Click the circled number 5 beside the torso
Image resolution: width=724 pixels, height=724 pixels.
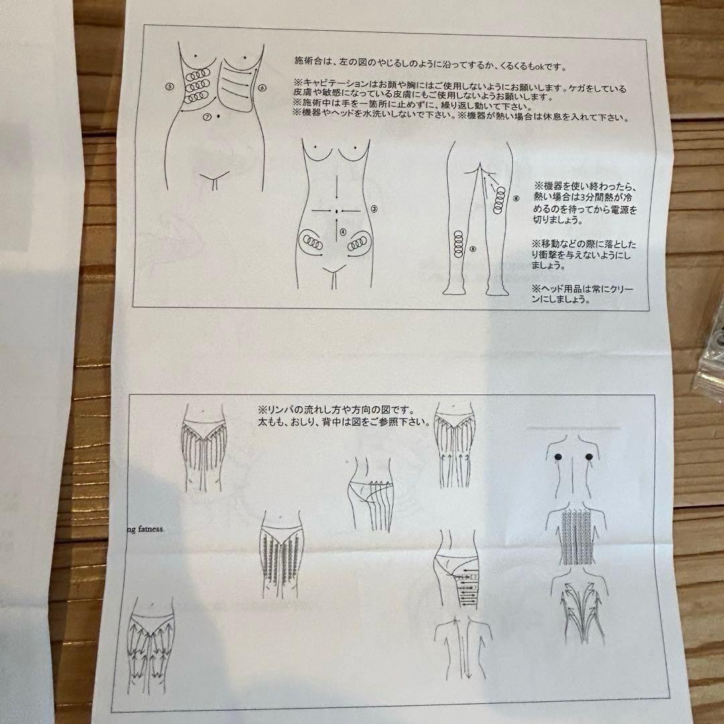[x=170, y=86]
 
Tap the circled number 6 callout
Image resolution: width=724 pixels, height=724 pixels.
[x=262, y=87]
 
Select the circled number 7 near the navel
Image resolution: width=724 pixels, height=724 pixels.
[x=208, y=117]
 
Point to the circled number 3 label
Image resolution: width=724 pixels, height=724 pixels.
[x=374, y=208]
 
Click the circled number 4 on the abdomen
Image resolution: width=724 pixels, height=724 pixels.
[x=343, y=232]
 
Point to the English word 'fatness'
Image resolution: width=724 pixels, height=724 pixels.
[x=152, y=529]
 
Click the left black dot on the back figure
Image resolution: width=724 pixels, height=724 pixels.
[x=557, y=457]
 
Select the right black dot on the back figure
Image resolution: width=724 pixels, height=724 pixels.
[x=589, y=457]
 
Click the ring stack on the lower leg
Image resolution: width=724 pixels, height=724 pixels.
[x=458, y=244]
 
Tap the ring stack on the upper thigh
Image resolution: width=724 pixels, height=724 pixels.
[x=499, y=200]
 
